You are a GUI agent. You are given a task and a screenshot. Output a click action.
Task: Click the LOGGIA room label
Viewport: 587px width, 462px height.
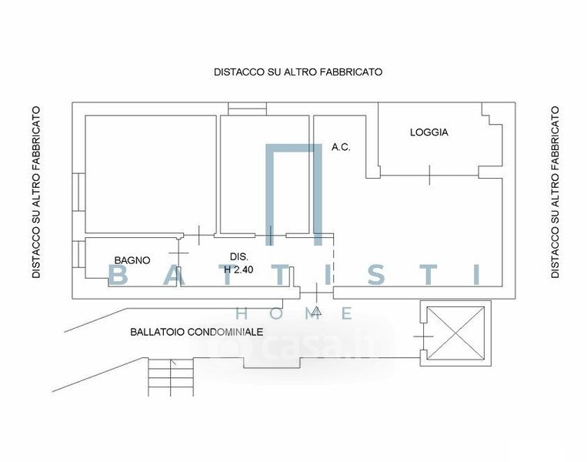(x=429, y=132)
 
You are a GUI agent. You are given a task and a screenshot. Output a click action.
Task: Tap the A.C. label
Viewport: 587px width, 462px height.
(x=341, y=147)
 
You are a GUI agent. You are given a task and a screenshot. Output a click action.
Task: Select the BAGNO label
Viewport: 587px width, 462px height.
(x=132, y=260)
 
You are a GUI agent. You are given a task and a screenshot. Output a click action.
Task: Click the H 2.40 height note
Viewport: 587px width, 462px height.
(x=239, y=270)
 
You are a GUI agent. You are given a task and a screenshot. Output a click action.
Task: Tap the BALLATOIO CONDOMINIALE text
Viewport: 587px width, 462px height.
(x=196, y=332)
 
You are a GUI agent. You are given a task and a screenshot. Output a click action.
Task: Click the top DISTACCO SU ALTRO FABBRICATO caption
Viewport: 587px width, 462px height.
(x=298, y=72)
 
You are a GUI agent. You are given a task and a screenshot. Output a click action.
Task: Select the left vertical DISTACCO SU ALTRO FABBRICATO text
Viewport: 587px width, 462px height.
(x=35, y=192)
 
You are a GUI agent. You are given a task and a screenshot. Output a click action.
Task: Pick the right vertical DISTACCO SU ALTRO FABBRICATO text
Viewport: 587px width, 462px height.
(x=555, y=192)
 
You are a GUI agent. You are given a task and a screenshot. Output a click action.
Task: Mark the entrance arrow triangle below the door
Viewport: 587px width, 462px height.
(x=316, y=311)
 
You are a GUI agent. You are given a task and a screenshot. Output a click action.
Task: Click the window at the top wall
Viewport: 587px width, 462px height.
(x=247, y=109)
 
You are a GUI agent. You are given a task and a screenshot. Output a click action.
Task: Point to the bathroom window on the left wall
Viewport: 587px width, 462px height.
(x=79, y=254)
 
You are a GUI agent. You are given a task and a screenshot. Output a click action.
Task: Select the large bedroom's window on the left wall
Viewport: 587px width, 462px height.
(x=79, y=192)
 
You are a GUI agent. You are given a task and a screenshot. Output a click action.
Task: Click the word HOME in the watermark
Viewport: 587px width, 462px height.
(x=293, y=313)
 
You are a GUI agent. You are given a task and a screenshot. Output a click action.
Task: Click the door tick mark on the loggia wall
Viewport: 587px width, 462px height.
(x=429, y=176)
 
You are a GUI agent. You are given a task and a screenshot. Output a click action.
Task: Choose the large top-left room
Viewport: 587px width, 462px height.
(x=149, y=173)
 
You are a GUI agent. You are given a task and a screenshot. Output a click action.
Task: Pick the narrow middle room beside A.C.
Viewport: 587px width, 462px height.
(x=265, y=173)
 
